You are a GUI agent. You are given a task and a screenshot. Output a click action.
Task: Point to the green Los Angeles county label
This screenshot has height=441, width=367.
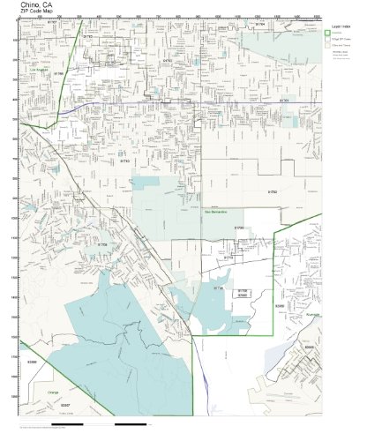[x=38, y=68]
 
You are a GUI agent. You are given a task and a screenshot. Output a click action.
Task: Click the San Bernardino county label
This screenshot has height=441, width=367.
[x=215, y=212]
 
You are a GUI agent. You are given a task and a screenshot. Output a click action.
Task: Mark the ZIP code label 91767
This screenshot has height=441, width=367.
[x=169, y=60]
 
